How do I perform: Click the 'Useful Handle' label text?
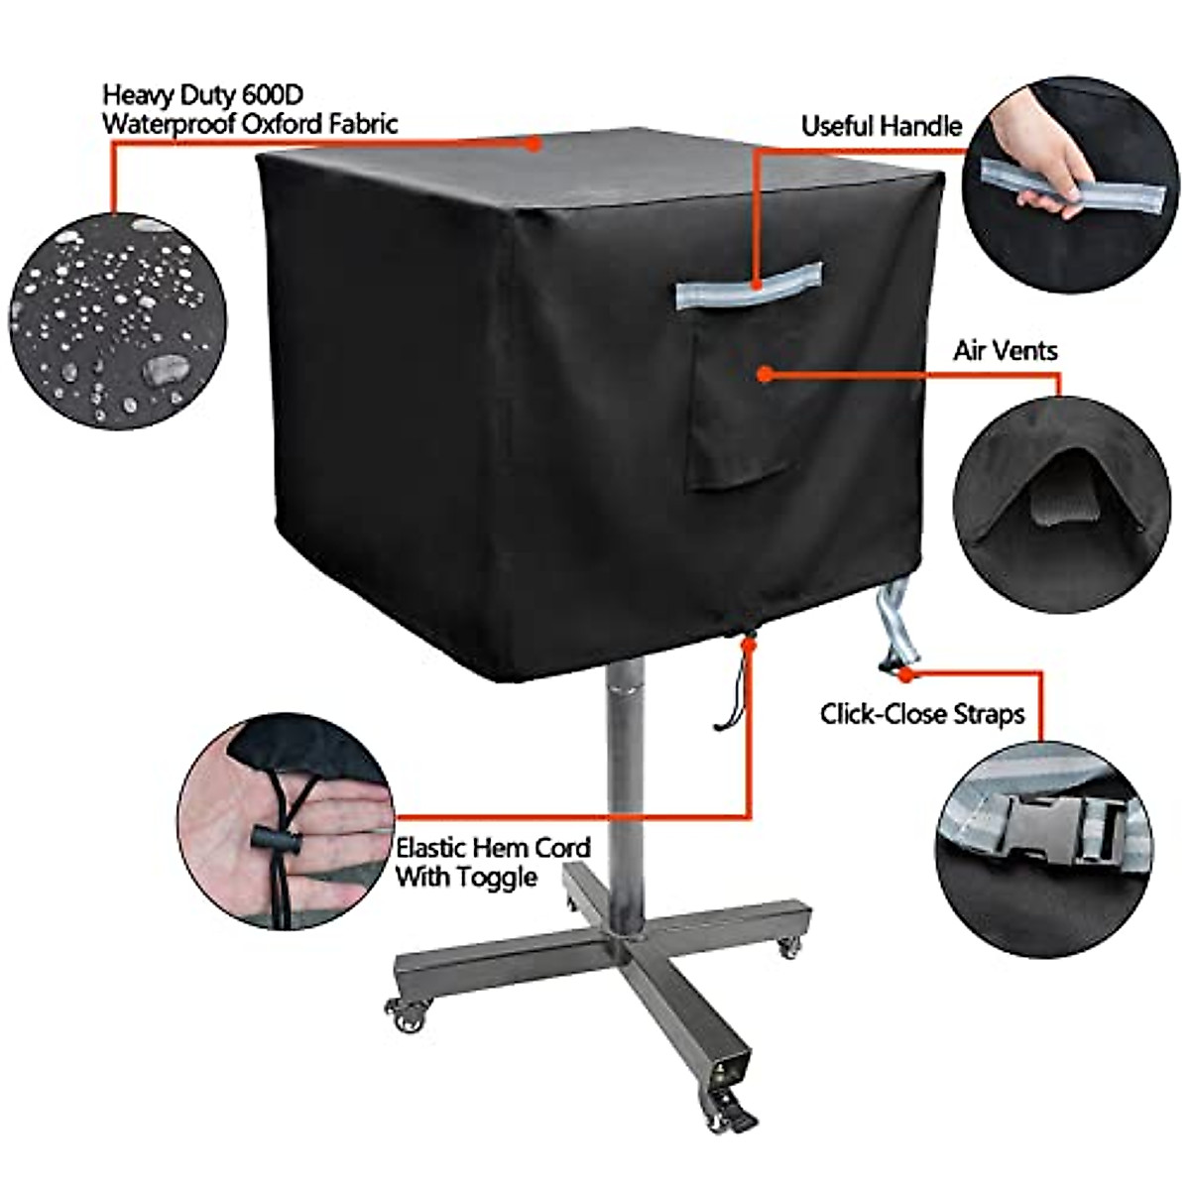pos(881,126)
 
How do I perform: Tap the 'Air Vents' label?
pos(1005,350)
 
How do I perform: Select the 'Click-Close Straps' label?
pos(921,714)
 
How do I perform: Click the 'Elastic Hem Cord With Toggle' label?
pos(492,862)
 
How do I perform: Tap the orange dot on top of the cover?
pos(534,145)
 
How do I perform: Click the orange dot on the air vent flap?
pos(764,374)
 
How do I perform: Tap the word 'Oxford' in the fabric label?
pos(295,124)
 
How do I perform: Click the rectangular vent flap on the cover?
pos(739,407)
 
